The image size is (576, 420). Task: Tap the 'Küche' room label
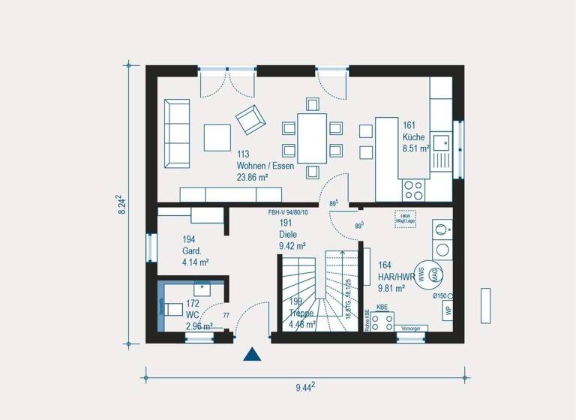click(x=413, y=137)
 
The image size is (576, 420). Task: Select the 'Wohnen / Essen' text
click(x=265, y=166)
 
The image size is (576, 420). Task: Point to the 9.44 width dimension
click(x=304, y=387)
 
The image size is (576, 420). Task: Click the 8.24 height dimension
click(x=121, y=205)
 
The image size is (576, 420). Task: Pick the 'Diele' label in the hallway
click(x=288, y=234)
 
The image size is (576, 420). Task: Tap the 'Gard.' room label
click(x=192, y=251)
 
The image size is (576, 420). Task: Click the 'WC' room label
click(x=193, y=315)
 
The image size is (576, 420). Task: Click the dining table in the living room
click(x=312, y=137)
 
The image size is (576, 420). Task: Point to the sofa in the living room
click(x=178, y=133)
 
